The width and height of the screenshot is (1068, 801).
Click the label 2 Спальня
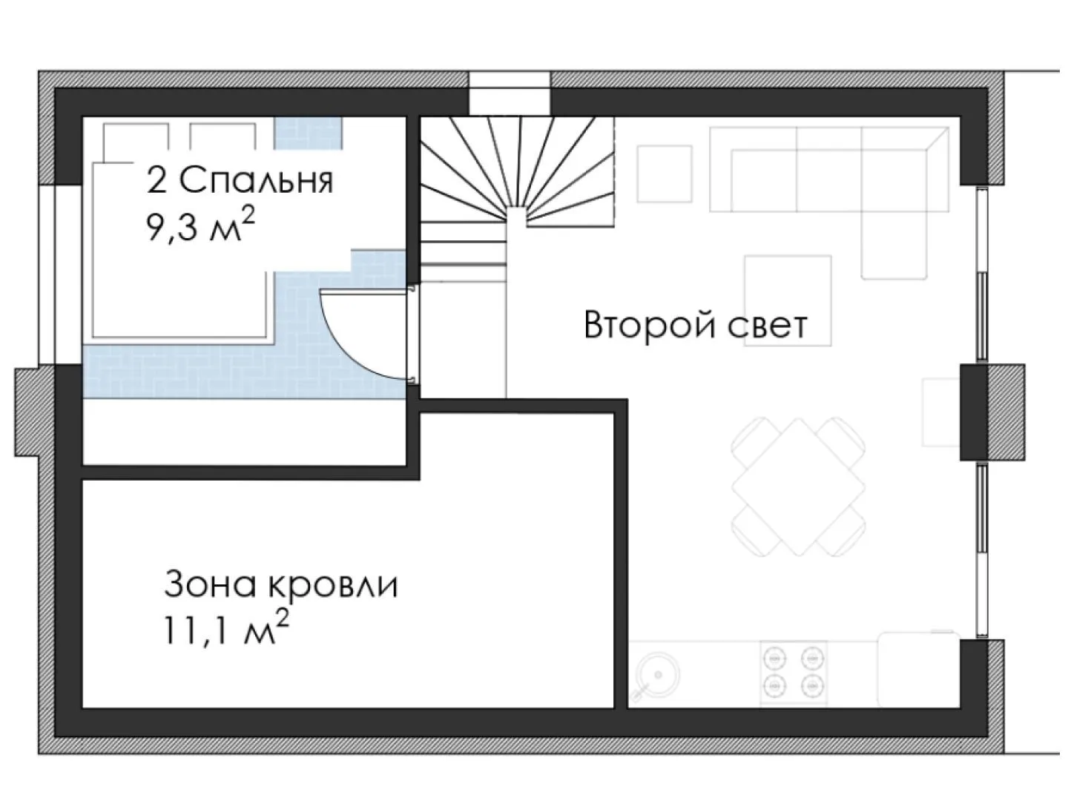(240, 180)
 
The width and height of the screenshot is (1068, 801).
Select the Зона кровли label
(281, 584)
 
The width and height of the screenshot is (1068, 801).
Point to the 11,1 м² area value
(227, 628)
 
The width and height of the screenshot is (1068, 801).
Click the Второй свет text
(696, 324)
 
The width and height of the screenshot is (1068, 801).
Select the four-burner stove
(794, 673)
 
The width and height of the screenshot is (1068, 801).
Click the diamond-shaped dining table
(799, 487)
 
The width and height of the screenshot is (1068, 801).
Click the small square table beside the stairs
(665, 174)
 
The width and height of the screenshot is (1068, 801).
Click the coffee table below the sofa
(788, 300)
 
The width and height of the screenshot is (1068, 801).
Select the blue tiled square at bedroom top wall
(308, 132)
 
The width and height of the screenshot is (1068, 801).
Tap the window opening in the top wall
(510, 94)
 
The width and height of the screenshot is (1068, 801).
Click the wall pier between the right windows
(992, 412)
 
